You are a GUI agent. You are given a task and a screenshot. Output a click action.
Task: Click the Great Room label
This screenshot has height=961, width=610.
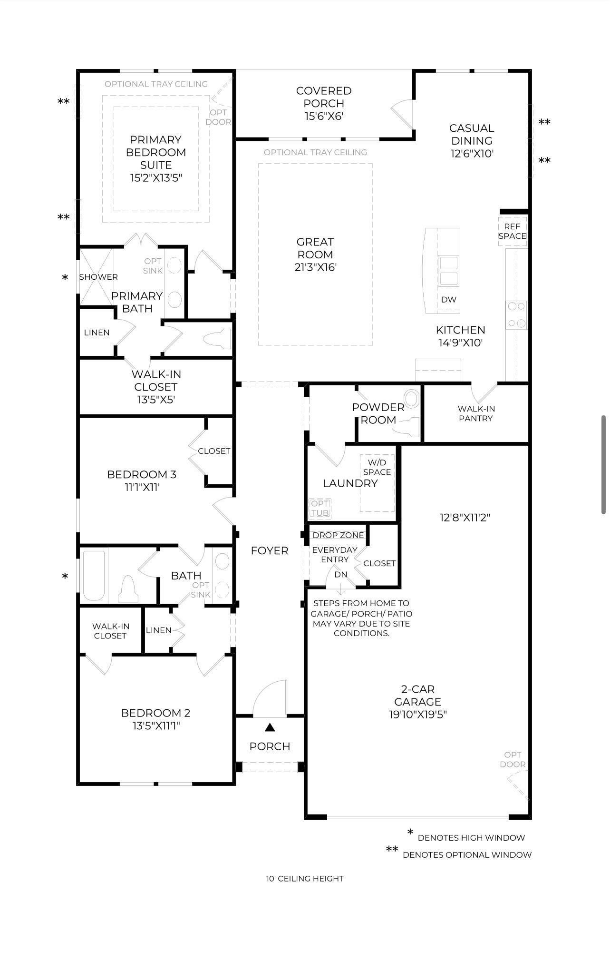point(315,248)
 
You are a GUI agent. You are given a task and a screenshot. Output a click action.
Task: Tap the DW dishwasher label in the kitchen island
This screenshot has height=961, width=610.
point(448,299)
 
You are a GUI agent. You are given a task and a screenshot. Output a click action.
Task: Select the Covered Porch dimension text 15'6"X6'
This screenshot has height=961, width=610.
point(324,116)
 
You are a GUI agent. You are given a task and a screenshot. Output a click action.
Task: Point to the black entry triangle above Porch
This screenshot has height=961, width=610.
point(270,727)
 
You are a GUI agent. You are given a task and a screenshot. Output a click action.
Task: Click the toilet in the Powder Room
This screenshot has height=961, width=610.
point(408,426)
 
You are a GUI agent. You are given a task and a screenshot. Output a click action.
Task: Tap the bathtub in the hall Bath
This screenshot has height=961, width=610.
point(94,576)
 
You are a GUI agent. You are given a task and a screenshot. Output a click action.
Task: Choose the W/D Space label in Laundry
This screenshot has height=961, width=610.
point(377,467)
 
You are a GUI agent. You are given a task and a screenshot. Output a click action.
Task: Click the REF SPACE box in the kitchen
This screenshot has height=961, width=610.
point(512,231)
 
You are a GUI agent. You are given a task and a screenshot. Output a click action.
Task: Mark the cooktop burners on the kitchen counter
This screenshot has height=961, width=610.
point(516,314)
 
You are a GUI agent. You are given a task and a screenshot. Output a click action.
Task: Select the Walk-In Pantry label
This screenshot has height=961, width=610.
point(476,413)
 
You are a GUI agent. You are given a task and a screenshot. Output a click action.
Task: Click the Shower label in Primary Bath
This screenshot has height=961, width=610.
point(98,277)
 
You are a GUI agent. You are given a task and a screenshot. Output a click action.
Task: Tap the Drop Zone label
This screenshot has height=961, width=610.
point(338,535)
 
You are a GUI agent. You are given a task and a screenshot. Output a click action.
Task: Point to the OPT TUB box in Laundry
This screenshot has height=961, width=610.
point(320,508)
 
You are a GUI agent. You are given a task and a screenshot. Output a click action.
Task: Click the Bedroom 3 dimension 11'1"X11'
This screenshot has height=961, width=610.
point(142,487)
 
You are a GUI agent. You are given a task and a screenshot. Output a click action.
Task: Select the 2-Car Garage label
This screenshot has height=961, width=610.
point(418,695)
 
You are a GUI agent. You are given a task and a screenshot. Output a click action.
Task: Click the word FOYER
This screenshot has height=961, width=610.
point(270,550)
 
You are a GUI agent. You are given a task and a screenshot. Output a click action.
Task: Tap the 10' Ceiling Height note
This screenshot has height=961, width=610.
point(305,879)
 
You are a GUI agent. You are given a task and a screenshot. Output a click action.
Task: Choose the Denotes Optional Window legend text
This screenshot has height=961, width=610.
point(467,855)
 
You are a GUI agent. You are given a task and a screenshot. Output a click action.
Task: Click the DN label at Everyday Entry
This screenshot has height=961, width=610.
point(341,574)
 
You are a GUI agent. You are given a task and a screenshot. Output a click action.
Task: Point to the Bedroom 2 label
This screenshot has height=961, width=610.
point(155,713)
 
